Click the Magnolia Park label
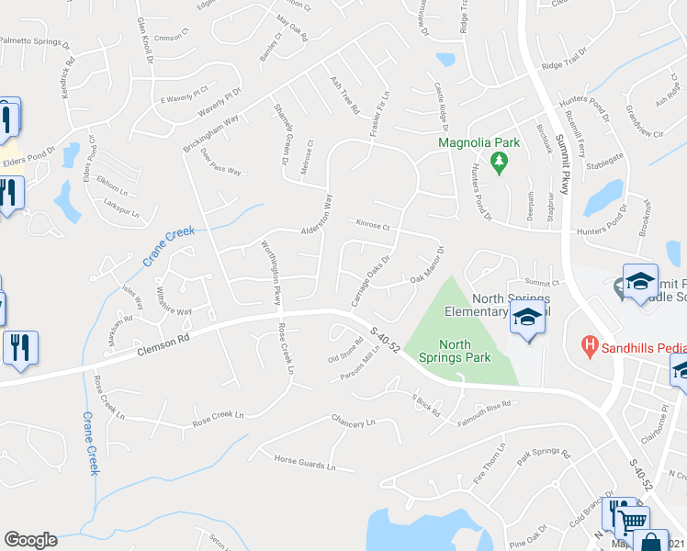[479, 142]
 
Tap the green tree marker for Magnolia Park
[500, 163]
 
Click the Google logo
[31, 540]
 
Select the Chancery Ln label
[353, 422]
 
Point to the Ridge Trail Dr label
[563, 65]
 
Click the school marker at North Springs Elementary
[527, 320]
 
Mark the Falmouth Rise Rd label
[485, 410]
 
